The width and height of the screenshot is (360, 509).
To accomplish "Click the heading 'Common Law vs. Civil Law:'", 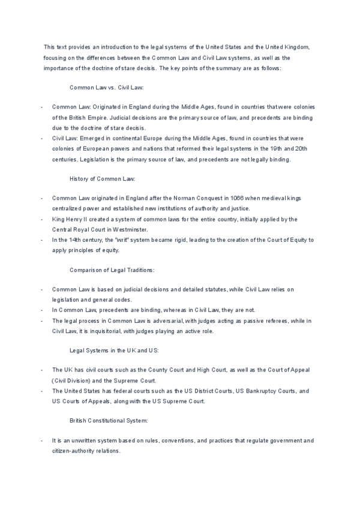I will click(x=107, y=87).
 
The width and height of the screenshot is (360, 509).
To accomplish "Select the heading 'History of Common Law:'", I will click(x=103, y=178).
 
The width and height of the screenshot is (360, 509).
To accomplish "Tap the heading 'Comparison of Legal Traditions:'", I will click(x=112, y=270).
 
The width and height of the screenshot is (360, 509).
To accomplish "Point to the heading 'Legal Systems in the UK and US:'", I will click(x=112, y=351).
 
